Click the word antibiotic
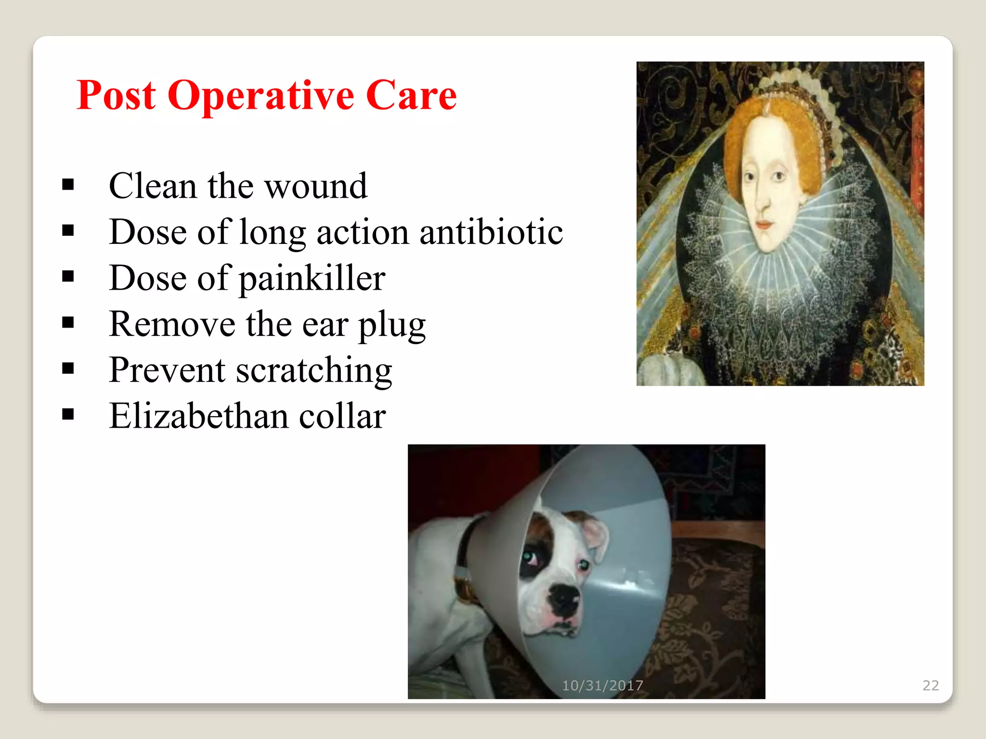pos(491,232)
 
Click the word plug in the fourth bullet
pos(392,325)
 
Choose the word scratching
pos(314,371)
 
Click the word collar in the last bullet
pos(342,416)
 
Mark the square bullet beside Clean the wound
pos(68,185)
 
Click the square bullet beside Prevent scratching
pos(68,369)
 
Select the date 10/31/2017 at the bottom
pos(602,685)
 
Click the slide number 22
pos(930,685)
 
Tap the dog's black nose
pos(564,599)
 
